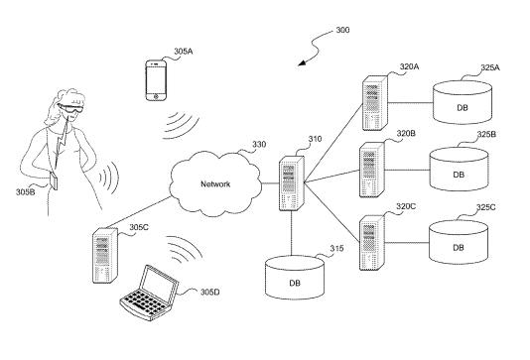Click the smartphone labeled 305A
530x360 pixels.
click(x=156, y=80)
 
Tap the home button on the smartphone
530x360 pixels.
click(x=156, y=96)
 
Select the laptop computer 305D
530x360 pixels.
click(x=149, y=293)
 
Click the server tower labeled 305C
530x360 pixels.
click(x=105, y=255)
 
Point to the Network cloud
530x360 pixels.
click(x=215, y=184)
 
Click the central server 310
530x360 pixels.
click(x=292, y=183)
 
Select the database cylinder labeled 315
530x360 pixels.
click(x=295, y=278)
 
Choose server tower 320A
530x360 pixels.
click(x=375, y=103)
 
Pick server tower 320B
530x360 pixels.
click(x=372, y=170)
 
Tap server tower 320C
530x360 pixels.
click(x=372, y=242)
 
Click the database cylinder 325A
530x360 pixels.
click(x=463, y=102)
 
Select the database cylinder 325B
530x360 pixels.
click(x=459, y=169)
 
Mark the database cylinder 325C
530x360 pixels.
click(x=459, y=242)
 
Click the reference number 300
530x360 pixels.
click(x=342, y=30)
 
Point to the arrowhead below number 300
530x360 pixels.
click(x=302, y=62)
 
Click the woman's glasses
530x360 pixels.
click(x=70, y=108)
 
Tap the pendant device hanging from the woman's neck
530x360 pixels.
click(x=54, y=180)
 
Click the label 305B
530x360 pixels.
click(x=26, y=192)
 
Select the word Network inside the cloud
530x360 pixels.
click(x=215, y=184)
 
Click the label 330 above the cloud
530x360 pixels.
click(x=259, y=145)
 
